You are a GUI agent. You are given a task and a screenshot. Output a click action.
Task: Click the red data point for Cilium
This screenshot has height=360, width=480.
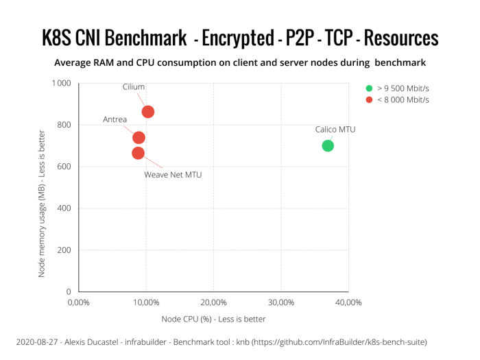tap(147, 112)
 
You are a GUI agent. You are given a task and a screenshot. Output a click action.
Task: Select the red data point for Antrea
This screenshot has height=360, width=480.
tap(139, 138)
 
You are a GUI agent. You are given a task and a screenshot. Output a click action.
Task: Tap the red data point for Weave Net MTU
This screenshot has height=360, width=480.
tap(138, 153)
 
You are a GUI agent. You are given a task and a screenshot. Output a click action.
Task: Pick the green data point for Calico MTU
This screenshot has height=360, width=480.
tap(328, 145)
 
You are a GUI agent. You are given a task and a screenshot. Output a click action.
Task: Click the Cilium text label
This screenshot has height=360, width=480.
tap(134, 87)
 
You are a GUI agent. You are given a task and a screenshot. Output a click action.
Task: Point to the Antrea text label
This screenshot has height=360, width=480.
tap(115, 119)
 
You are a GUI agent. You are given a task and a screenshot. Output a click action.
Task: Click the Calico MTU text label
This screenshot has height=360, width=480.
tap(335, 129)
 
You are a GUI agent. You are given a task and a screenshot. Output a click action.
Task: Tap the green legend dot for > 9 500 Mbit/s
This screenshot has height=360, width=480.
tap(369, 88)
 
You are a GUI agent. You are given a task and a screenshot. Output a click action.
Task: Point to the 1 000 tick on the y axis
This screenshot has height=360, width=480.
tap(61, 83)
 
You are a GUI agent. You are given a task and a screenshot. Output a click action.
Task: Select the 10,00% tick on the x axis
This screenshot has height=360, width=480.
tap(146, 302)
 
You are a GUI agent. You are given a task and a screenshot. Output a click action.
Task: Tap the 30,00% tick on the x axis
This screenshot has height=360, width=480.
tap(281, 302)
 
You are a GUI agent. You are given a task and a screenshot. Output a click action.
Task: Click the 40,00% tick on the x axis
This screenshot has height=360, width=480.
tap(348, 302)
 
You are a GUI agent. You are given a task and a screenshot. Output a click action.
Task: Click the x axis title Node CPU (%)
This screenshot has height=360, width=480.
tap(213, 319)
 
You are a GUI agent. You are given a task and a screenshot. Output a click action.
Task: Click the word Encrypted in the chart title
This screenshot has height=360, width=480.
tap(237, 38)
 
